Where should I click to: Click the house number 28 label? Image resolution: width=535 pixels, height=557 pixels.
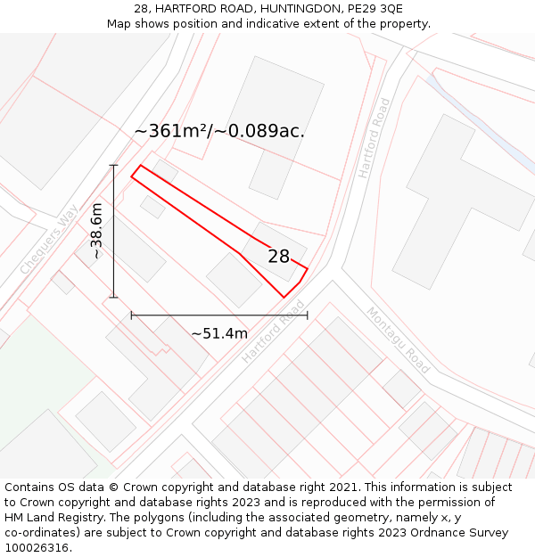pos(279,257)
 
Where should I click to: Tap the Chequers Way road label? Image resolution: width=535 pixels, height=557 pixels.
pos(49,239)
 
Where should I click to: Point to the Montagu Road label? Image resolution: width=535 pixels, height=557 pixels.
pos(398,340)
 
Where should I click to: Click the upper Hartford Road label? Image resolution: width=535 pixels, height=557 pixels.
pos(374,138)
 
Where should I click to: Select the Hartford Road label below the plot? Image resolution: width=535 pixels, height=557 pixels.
pos(273,332)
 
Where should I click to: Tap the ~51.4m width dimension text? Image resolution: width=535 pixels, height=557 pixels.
pos(219,333)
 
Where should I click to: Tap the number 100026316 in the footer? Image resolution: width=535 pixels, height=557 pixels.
pos(37,548)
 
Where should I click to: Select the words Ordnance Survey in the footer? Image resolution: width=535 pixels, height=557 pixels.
pos(463,533)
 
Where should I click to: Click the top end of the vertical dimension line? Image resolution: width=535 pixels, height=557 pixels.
pos(114,165)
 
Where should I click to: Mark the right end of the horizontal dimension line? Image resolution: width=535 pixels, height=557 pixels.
pos(308,315)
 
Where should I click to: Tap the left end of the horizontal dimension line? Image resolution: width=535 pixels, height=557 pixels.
pos(131,315)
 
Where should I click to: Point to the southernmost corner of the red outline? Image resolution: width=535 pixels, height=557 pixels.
pos(284,297)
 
